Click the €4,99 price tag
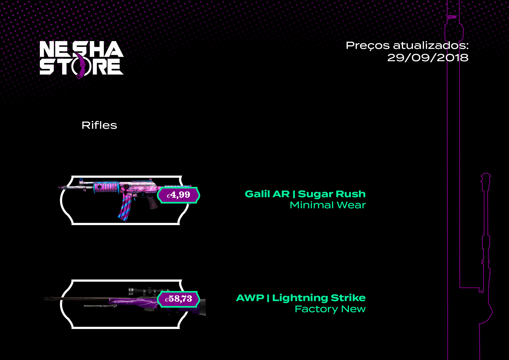pyautogui.click(x=178, y=195)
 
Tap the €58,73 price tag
pyautogui.click(x=178, y=299)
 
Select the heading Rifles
pyautogui.click(x=99, y=125)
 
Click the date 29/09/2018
pyautogui.click(x=428, y=58)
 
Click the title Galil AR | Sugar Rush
pyautogui.click(x=305, y=194)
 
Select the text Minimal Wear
pyautogui.click(x=328, y=205)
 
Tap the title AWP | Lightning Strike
pyautogui.click(x=301, y=298)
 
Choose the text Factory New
pyautogui.click(x=330, y=309)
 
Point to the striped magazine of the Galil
pyautogui.click(x=125, y=208)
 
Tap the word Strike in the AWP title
pyautogui.click(x=348, y=298)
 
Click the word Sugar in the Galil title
pyautogui.click(x=315, y=194)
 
